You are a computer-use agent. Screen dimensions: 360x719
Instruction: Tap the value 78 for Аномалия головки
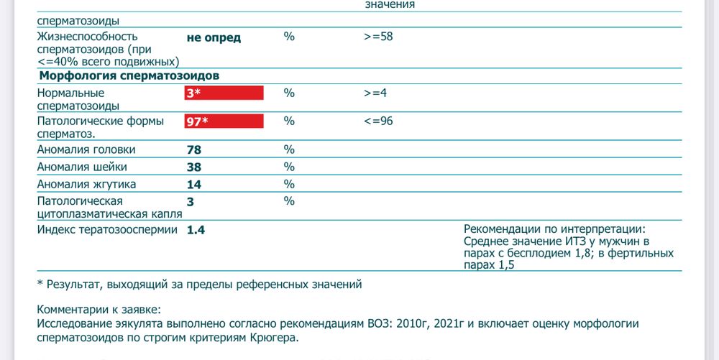(x=193, y=150)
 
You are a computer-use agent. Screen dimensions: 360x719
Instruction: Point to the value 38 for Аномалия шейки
(x=193, y=167)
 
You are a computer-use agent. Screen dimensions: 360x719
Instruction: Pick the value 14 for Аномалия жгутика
(x=193, y=185)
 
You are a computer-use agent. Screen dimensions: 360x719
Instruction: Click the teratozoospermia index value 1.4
(x=196, y=230)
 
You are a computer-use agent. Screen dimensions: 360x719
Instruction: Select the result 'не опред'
(x=214, y=37)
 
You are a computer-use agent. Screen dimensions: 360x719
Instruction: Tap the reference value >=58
(x=378, y=37)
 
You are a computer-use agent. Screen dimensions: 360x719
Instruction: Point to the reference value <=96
(x=378, y=121)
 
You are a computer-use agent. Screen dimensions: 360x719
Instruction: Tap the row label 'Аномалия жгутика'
(x=86, y=184)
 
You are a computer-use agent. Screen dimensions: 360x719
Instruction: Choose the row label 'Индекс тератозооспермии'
(x=108, y=229)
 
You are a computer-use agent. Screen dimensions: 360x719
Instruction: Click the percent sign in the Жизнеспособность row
(x=289, y=37)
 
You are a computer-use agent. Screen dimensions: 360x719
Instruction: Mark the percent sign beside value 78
(x=289, y=149)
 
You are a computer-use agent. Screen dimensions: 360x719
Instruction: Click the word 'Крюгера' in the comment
(x=273, y=337)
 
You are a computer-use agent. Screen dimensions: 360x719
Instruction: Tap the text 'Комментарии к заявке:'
(x=99, y=310)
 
